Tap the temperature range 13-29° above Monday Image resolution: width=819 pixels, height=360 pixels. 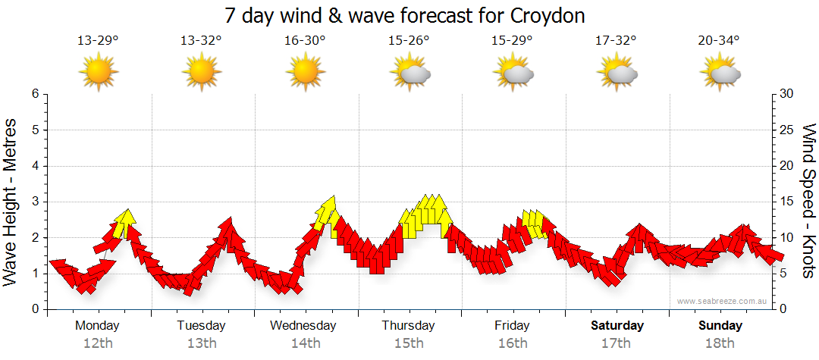[x=99, y=41]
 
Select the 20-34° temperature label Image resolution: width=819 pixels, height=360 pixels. [x=719, y=41]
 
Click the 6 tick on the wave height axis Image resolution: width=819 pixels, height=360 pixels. [x=34, y=94]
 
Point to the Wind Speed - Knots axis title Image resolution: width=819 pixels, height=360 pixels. [x=808, y=201]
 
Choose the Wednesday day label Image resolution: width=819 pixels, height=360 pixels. [x=303, y=326]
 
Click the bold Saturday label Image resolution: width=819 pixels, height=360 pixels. [x=617, y=326]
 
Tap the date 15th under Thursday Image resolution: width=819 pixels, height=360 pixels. [x=408, y=343]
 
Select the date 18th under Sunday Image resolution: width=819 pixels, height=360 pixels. [x=720, y=343]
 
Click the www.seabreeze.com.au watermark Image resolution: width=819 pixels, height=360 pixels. [x=723, y=301]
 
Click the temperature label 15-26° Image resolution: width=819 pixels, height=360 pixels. [x=409, y=41]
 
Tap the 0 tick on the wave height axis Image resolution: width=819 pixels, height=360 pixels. [x=34, y=309]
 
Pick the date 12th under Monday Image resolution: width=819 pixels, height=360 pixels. [x=97, y=343]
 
